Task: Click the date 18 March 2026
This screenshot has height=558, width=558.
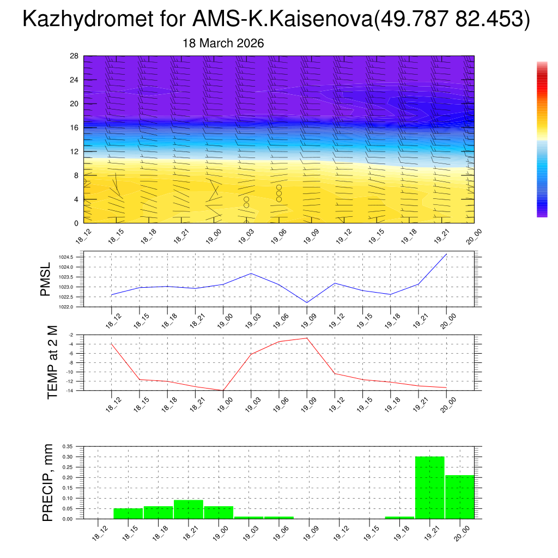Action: click(223, 44)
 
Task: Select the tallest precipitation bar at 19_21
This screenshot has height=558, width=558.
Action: click(429, 487)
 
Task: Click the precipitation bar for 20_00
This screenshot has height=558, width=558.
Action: click(459, 496)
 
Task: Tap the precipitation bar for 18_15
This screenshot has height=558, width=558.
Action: click(128, 513)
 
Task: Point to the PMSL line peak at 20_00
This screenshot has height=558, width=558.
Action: click(447, 254)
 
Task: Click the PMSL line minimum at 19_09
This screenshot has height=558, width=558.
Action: click(307, 302)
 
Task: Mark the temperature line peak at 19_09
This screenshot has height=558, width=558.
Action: click(307, 338)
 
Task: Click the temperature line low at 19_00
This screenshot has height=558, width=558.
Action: click(223, 390)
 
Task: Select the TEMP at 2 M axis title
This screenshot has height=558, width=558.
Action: click(52, 362)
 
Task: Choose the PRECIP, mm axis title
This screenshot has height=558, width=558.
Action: click(48, 482)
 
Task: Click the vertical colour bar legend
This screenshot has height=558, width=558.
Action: click(542, 139)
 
